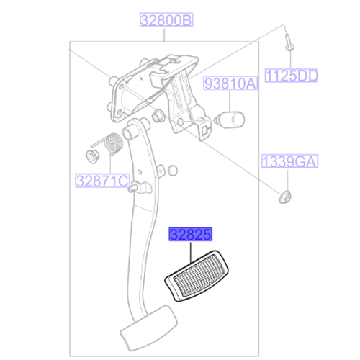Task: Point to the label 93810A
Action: [x=230, y=84]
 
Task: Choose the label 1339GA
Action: [x=289, y=161]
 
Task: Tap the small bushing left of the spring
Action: [x=92, y=156]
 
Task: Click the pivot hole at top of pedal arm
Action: [x=131, y=132]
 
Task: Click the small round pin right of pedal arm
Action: [x=171, y=171]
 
